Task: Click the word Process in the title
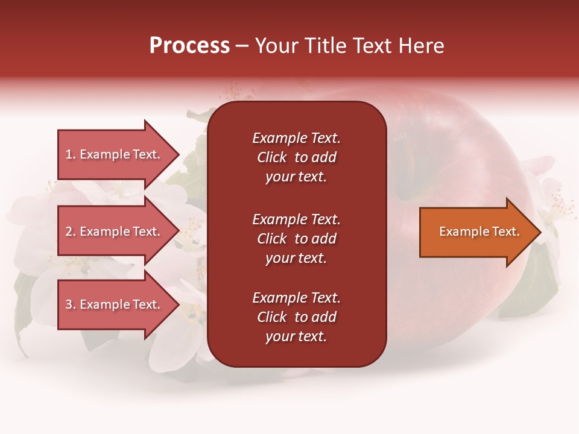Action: click(189, 46)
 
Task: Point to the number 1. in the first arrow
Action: click(71, 154)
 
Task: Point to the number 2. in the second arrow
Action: click(71, 231)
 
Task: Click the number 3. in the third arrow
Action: click(71, 304)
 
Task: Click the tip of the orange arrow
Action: click(538, 232)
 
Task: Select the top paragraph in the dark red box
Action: click(296, 157)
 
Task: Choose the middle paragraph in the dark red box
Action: click(296, 239)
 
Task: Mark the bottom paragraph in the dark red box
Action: click(296, 317)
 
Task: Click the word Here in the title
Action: click(422, 46)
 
